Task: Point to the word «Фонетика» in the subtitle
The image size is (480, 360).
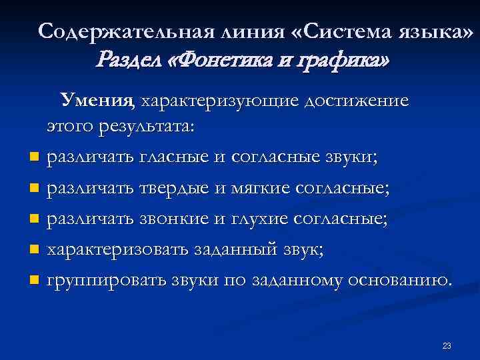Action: [x=227, y=61]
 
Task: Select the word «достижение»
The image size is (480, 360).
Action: [x=356, y=101]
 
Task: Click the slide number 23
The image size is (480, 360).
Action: [x=447, y=345]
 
